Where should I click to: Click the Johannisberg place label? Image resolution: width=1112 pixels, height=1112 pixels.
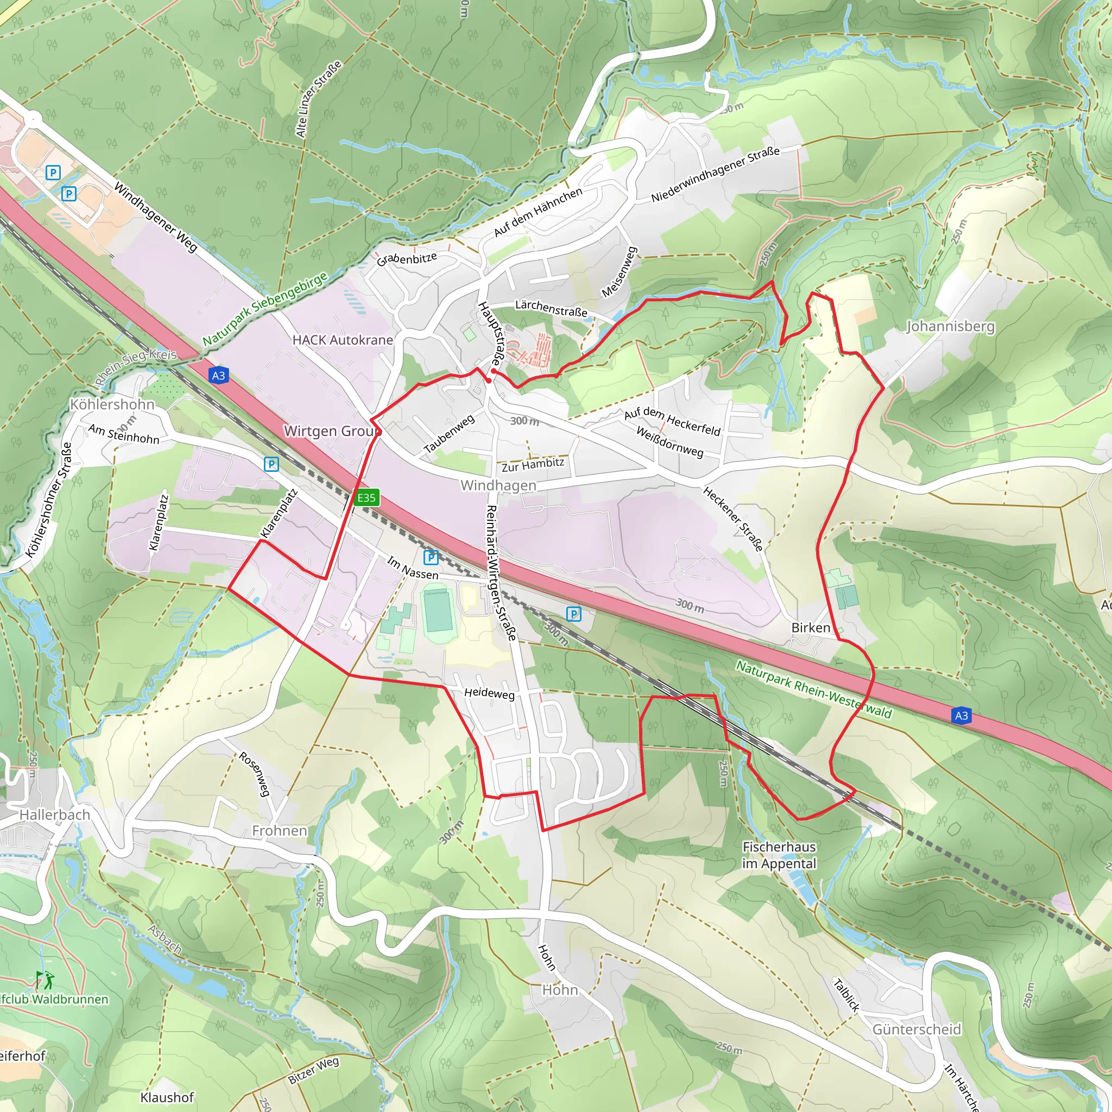click(x=950, y=326)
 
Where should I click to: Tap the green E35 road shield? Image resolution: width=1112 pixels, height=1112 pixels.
click(x=367, y=498)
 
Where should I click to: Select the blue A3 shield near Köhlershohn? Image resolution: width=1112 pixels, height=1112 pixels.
click(x=218, y=376)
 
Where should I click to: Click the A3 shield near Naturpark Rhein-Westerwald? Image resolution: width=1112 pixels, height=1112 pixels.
click(x=961, y=716)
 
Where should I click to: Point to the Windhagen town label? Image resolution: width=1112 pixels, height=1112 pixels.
click(x=498, y=485)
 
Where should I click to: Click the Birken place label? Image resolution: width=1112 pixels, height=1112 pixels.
click(x=811, y=627)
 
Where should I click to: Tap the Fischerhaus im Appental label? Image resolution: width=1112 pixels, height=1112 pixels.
click(x=779, y=855)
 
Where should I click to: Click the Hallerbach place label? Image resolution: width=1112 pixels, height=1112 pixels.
click(x=55, y=814)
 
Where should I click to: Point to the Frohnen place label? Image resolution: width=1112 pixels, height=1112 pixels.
click(x=279, y=831)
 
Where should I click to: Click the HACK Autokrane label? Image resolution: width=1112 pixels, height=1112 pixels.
click(x=343, y=340)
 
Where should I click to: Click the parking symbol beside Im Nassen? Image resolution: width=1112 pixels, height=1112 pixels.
click(x=431, y=557)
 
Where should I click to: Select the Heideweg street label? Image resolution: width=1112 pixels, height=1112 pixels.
click(x=489, y=693)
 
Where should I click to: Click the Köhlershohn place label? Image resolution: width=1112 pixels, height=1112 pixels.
click(x=112, y=404)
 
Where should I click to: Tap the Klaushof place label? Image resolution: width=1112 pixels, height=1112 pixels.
click(x=167, y=1097)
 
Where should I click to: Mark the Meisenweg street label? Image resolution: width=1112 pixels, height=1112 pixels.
click(x=620, y=272)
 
